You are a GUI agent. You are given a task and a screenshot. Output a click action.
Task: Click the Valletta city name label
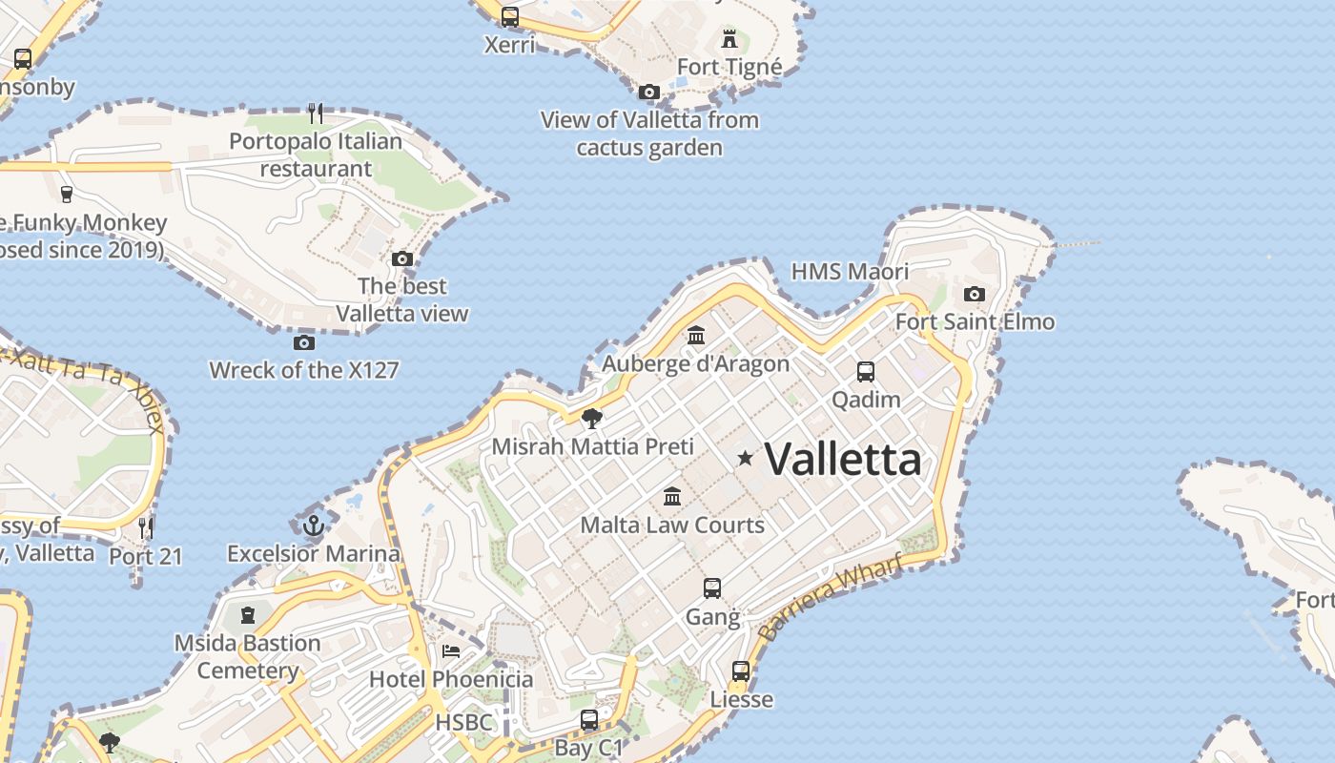[x=843, y=460]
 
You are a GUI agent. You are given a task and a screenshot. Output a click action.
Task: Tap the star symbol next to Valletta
[x=745, y=459]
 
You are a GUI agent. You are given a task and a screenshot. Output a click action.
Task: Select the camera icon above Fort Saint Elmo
[x=974, y=294]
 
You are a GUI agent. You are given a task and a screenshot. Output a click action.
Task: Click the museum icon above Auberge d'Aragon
[x=696, y=336]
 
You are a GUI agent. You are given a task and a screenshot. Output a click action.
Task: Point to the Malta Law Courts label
[x=672, y=525]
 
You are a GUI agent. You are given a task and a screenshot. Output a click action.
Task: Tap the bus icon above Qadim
[x=866, y=372]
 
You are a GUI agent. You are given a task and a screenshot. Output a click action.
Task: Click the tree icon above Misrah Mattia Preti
[x=592, y=418]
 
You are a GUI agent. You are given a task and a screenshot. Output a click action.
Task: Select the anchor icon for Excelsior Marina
[x=314, y=525]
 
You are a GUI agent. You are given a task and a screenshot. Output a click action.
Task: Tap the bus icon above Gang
[x=712, y=588]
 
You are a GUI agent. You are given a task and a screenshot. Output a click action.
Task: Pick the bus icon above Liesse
[x=741, y=671]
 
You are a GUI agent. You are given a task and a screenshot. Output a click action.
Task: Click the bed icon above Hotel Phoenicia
[x=451, y=651]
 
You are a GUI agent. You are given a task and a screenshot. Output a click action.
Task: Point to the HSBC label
[x=464, y=722]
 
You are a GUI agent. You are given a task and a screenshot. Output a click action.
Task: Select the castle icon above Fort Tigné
[x=729, y=39]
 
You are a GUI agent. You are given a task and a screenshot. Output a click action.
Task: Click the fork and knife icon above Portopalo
[x=316, y=113]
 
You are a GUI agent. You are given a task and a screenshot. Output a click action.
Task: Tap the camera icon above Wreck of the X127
[x=304, y=342]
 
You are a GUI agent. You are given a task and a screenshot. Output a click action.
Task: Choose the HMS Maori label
[x=850, y=272]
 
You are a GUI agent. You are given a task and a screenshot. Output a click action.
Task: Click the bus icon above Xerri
[x=510, y=17]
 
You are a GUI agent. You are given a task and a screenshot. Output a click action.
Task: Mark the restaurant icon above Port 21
[x=146, y=527]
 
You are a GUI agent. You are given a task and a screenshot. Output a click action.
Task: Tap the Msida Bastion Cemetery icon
[x=248, y=615]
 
